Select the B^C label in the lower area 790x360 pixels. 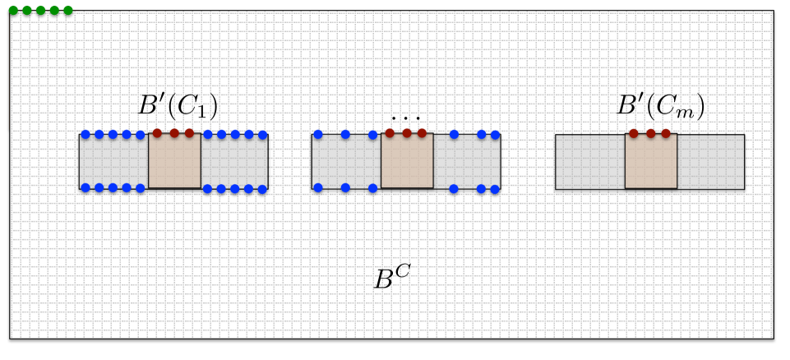(392, 278)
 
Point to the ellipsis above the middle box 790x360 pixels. (406, 118)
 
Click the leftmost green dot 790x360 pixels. (13, 11)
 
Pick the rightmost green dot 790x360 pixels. (67, 11)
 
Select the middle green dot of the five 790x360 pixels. (40, 11)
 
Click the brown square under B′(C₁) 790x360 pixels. (174, 161)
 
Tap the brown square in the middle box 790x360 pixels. (407, 161)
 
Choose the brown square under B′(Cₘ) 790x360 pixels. (651, 161)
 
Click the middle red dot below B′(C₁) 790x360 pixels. (174, 132)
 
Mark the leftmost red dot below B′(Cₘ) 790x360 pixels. (633, 133)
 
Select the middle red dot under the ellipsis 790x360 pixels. (406, 132)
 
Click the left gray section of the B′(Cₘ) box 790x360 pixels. (589, 162)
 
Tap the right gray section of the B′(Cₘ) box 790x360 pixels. (711, 162)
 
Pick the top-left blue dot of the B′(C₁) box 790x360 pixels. (85, 135)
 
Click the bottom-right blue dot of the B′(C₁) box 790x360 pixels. (263, 189)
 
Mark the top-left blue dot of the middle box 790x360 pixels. (318, 135)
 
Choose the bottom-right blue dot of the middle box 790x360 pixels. (495, 189)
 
